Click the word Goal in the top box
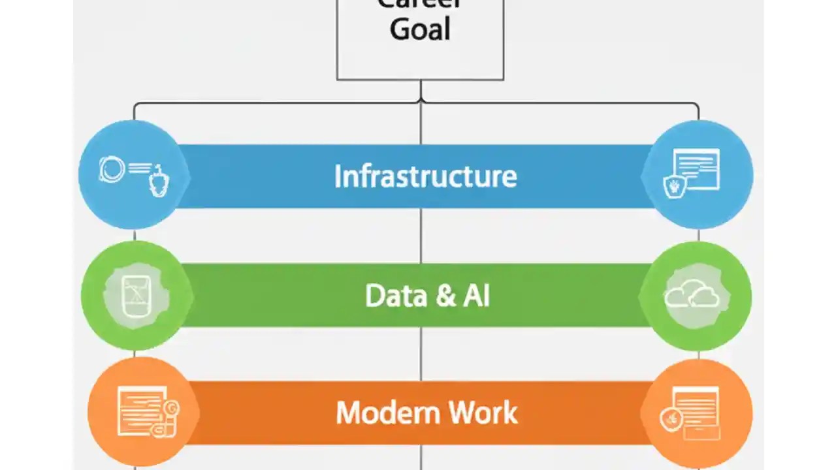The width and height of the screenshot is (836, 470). click(420, 29)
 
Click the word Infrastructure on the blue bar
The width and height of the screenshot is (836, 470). click(425, 176)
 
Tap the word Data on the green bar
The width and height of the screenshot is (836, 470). click(391, 296)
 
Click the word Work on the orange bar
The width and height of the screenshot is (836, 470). click(483, 413)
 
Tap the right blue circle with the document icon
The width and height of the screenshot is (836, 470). click(699, 174)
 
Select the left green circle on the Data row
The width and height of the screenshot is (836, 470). click(135, 296)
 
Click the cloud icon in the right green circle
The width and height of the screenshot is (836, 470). click(692, 295)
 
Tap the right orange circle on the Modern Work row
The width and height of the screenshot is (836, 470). click(698, 413)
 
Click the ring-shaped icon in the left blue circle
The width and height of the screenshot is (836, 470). click(112, 170)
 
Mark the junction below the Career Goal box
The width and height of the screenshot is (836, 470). click(421, 102)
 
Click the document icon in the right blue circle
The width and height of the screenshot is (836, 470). click(697, 169)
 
